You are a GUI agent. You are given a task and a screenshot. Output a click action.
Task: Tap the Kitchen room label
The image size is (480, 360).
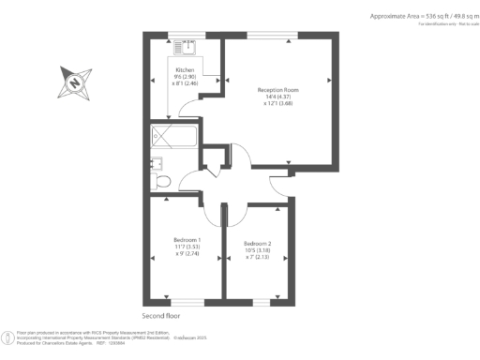coord(184,70)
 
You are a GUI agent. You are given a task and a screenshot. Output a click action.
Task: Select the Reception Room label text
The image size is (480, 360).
coord(277,89)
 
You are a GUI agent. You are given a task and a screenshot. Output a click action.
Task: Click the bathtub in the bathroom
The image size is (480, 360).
coord(173,138)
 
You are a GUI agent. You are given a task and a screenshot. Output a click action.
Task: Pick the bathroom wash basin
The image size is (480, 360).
coord(155,165)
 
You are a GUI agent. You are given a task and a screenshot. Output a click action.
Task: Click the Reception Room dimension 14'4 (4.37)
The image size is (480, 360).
coord(277,97)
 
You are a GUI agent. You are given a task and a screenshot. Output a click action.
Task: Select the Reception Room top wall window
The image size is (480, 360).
coord(275,35)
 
